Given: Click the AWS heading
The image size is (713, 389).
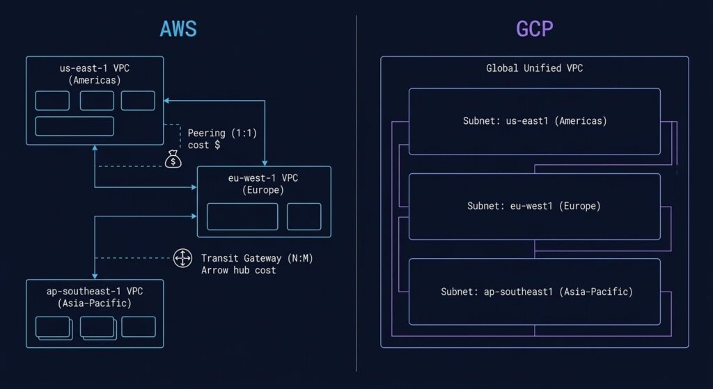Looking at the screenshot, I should pyautogui.click(x=178, y=29).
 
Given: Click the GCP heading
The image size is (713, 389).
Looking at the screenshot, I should pyautogui.click(x=534, y=29).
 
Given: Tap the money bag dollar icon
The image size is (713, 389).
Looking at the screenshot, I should pyautogui.click(x=173, y=160).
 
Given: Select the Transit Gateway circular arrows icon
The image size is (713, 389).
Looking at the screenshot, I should pyautogui.click(x=182, y=259).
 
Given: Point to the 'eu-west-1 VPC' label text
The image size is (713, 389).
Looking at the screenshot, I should pyautogui.click(x=263, y=179).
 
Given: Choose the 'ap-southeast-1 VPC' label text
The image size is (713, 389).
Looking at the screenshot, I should pyautogui.click(x=94, y=292).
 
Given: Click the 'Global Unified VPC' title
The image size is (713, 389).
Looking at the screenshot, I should pyautogui.click(x=534, y=69).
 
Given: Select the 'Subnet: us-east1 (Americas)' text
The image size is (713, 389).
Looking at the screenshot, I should pyautogui.click(x=535, y=121).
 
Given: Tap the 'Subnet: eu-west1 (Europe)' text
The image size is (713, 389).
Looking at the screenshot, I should pyautogui.click(x=535, y=206).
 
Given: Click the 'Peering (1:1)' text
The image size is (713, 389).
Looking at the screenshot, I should pyautogui.click(x=216, y=133).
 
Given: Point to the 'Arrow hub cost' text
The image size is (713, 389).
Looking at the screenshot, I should pyautogui.click(x=238, y=270).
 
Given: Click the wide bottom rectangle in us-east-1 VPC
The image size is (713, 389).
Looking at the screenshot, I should pyautogui.click(x=75, y=126).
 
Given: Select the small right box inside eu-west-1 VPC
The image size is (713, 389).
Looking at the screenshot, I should pyautogui.click(x=304, y=216).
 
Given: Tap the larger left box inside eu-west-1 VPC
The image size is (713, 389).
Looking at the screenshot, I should pyautogui.click(x=242, y=216).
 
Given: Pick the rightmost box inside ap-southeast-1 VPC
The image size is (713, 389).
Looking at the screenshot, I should pyautogui.click(x=139, y=326).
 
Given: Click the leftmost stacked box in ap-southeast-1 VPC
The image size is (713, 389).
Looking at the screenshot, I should pyautogui.click(x=53, y=327).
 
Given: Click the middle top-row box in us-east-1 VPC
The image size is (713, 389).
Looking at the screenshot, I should pyautogui.click(x=97, y=100).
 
